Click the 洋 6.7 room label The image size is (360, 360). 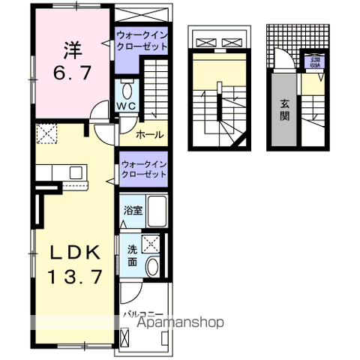(71, 61)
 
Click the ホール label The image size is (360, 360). (150, 136)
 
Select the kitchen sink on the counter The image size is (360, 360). (76, 172)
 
